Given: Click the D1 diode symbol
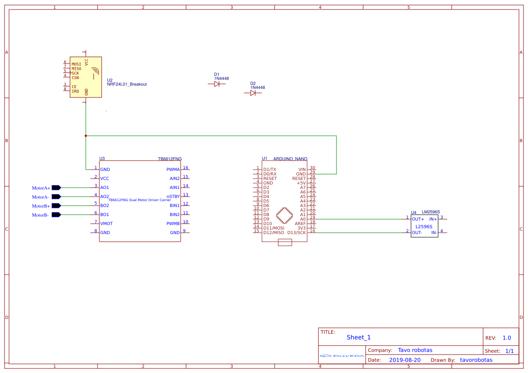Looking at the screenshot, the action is tap(217, 84).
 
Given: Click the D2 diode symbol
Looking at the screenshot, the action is tap(253, 93).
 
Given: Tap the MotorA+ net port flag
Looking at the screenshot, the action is tap(56, 188).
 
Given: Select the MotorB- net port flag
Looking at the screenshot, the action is tap(56, 215).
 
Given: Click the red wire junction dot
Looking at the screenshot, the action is tap(86, 136).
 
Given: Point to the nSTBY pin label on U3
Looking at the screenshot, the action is tap(173, 196).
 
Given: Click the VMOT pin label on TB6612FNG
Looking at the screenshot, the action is tap(107, 224).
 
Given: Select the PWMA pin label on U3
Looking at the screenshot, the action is tap(173, 170).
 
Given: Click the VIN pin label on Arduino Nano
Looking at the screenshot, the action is tap(302, 170).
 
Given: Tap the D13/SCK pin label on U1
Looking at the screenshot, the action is tap(297, 232).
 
